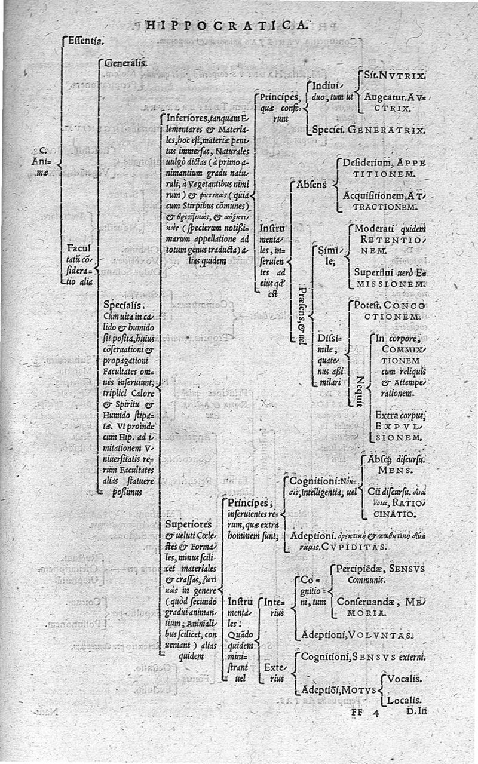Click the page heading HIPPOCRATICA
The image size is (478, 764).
coord(228,24)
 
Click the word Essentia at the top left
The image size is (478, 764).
coord(84,41)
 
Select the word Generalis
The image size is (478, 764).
coord(122,62)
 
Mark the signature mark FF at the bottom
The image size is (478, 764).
coord(358,712)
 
